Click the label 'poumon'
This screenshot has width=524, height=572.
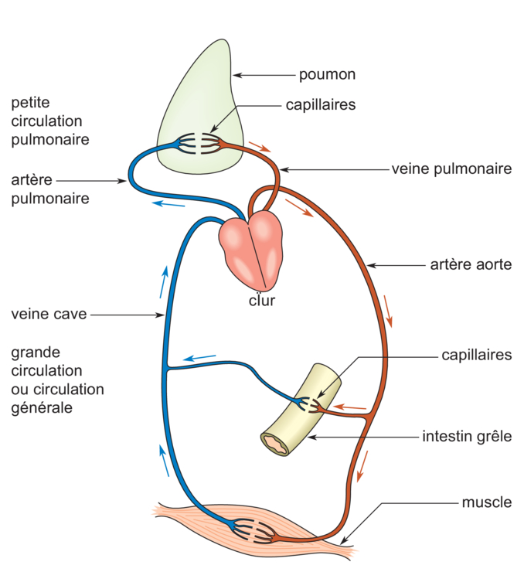(x=327, y=75)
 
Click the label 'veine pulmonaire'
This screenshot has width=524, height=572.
(x=451, y=168)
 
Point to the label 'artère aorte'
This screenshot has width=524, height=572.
(x=470, y=265)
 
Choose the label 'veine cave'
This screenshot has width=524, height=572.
(x=49, y=315)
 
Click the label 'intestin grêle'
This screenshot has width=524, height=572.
(x=467, y=436)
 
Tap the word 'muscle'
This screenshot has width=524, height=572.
(x=486, y=502)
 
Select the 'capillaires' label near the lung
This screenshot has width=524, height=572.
(x=321, y=104)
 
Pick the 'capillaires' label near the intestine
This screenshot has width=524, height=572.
(x=477, y=356)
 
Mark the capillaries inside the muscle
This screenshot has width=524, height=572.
(x=256, y=532)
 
